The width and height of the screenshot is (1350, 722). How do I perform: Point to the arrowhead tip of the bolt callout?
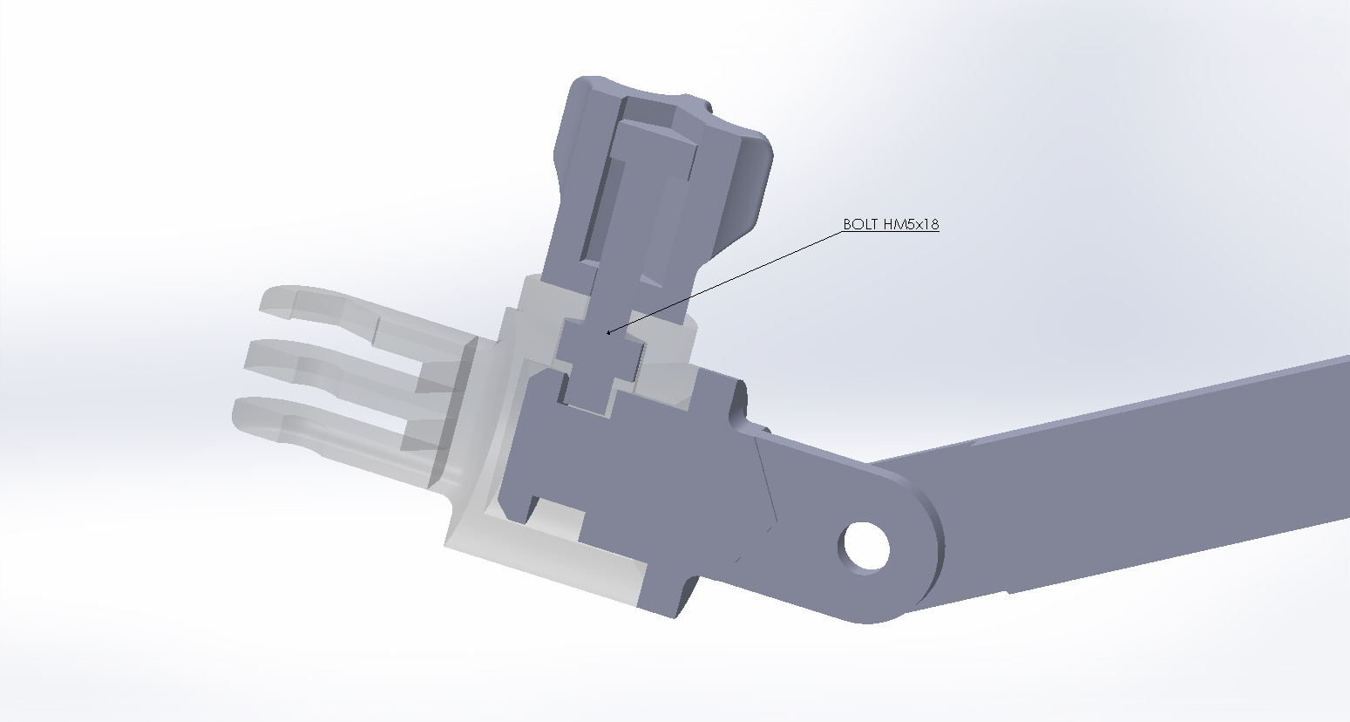pyautogui.click(x=607, y=333)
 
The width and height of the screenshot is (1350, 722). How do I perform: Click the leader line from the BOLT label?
pyautogui.click(x=724, y=283)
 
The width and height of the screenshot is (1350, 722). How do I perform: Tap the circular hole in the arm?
pyautogui.click(x=866, y=546)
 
